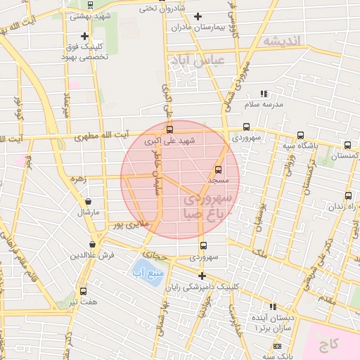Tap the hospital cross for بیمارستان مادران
point(198,16)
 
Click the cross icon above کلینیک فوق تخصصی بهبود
point(84,35)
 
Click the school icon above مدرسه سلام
point(264,94)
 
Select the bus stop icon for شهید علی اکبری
point(169,129)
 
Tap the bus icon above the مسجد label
point(217,169)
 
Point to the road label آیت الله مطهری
point(102,135)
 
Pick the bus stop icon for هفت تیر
point(84,291)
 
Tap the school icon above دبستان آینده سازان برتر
point(273,307)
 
